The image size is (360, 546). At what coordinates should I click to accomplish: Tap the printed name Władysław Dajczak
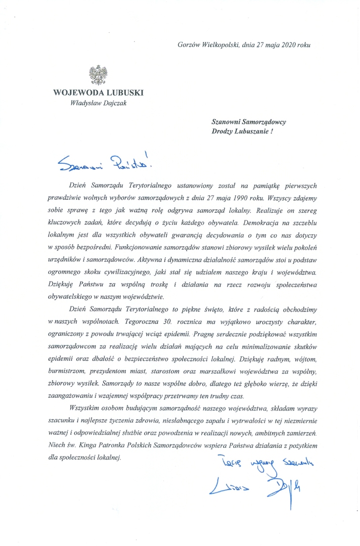click(98, 104)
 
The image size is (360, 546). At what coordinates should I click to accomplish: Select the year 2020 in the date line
click(287, 44)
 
